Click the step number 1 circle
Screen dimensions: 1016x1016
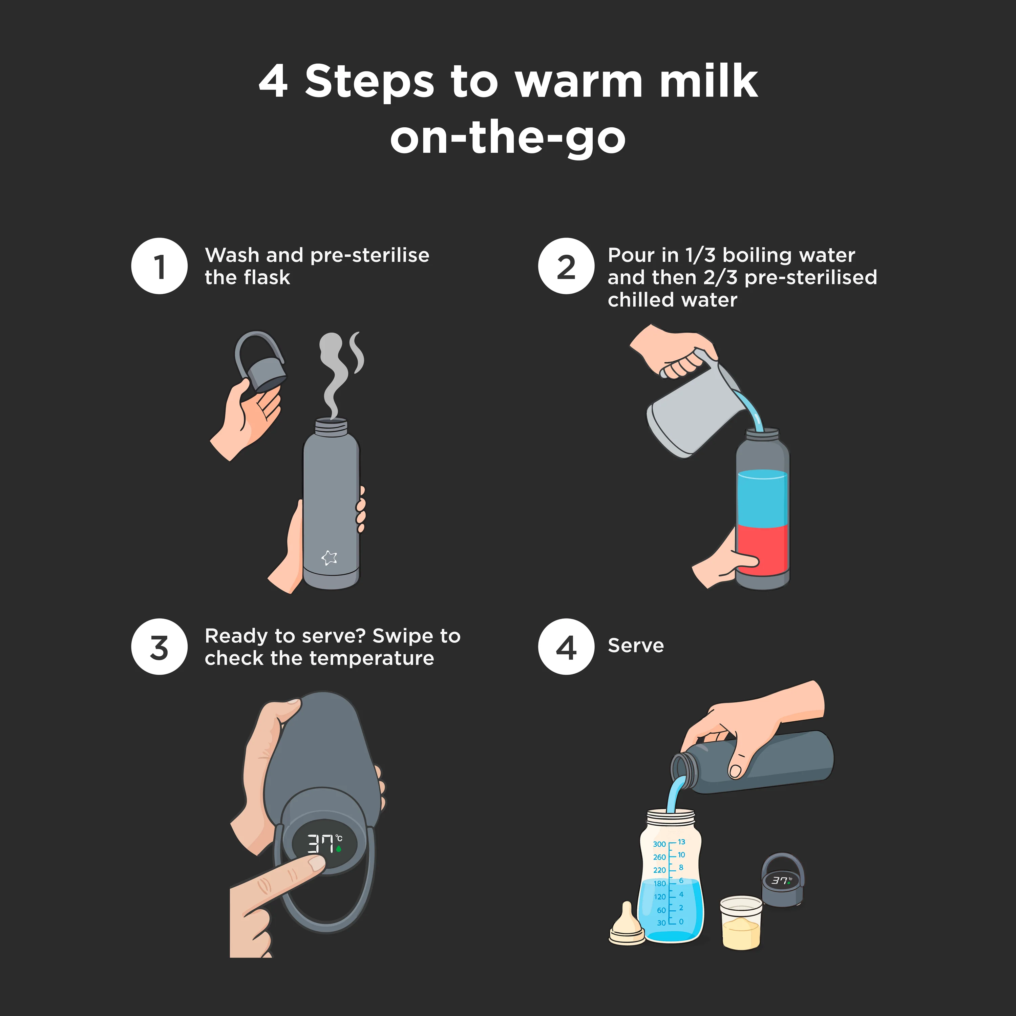coord(159,266)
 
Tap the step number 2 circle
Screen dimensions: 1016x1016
coord(566,266)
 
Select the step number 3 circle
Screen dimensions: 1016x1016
coord(159,646)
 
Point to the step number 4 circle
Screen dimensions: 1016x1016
coord(566,646)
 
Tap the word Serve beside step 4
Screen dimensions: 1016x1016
coord(636,646)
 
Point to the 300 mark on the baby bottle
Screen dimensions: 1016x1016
coord(659,844)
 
